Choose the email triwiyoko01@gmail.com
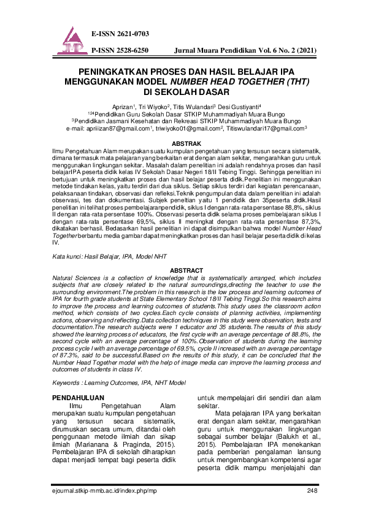point(185,129)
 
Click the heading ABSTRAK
point(182,143)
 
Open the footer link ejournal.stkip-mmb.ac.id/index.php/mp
point(105,491)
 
